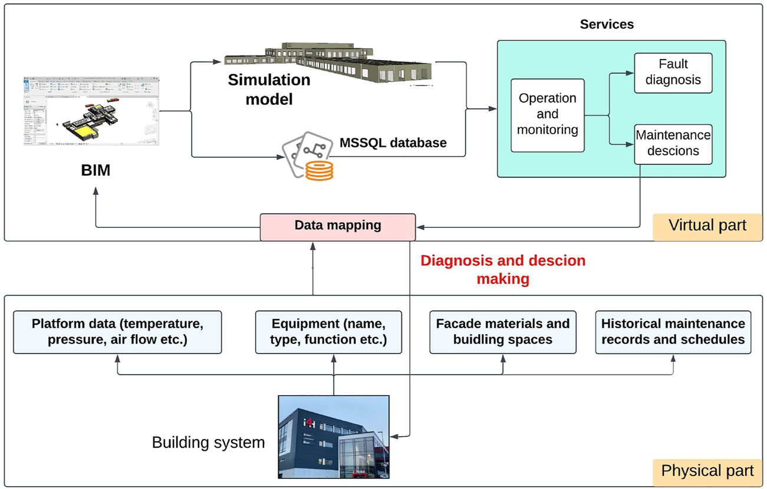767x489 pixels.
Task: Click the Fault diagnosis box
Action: [673, 73]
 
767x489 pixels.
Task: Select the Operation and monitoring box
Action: [548, 115]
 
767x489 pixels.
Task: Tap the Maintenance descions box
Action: [673, 143]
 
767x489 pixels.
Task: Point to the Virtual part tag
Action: [707, 226]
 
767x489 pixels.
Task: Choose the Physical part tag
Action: [707, 471]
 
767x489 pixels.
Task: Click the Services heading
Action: [607, 24]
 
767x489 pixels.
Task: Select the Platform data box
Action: [117, 332]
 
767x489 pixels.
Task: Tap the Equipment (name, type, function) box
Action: [329, 332]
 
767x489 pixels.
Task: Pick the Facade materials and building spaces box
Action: [502, 332]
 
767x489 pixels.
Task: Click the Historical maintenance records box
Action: [673, 332]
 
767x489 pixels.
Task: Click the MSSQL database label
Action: [393, 143]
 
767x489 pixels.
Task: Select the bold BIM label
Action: [96, 171]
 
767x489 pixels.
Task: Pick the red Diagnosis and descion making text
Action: [503, 269]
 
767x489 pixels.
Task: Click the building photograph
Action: [333, 436]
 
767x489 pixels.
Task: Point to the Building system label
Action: [208, 442]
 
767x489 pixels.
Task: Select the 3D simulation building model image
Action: [330, 62]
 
